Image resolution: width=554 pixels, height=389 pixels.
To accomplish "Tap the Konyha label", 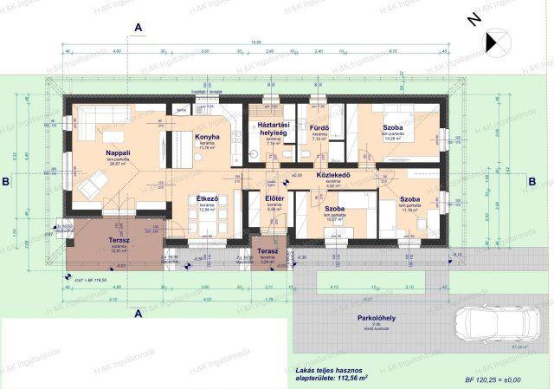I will [206, 137].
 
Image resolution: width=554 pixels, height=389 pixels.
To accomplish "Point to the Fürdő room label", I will [318, 128].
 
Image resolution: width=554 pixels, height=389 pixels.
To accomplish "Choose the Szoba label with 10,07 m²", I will [336, 209].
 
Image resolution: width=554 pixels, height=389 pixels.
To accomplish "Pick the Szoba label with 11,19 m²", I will [410, 199].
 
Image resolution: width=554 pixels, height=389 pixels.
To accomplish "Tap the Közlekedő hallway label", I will [332, 174].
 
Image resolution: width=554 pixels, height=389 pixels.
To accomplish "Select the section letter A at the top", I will [138, 28].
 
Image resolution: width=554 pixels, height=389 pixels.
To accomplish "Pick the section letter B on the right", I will [532, 181].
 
